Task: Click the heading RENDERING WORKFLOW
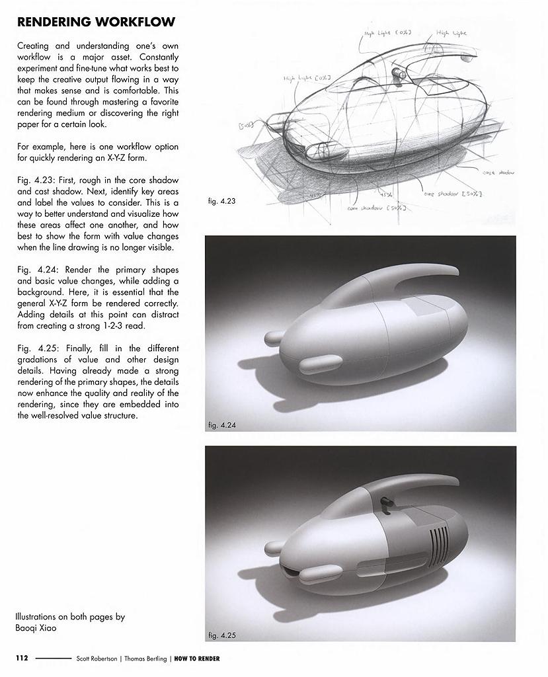pos(96,22)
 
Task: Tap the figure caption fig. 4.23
pos(221,201)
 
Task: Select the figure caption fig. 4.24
pos(221,424)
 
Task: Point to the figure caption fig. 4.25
pos(222,635)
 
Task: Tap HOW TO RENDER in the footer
pos(197,658)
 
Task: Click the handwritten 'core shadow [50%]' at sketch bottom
pos(377,208)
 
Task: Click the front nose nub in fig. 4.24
pos(273,338)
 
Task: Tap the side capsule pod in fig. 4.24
pos(318,365)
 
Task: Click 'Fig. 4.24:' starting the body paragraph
pos(32,270)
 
